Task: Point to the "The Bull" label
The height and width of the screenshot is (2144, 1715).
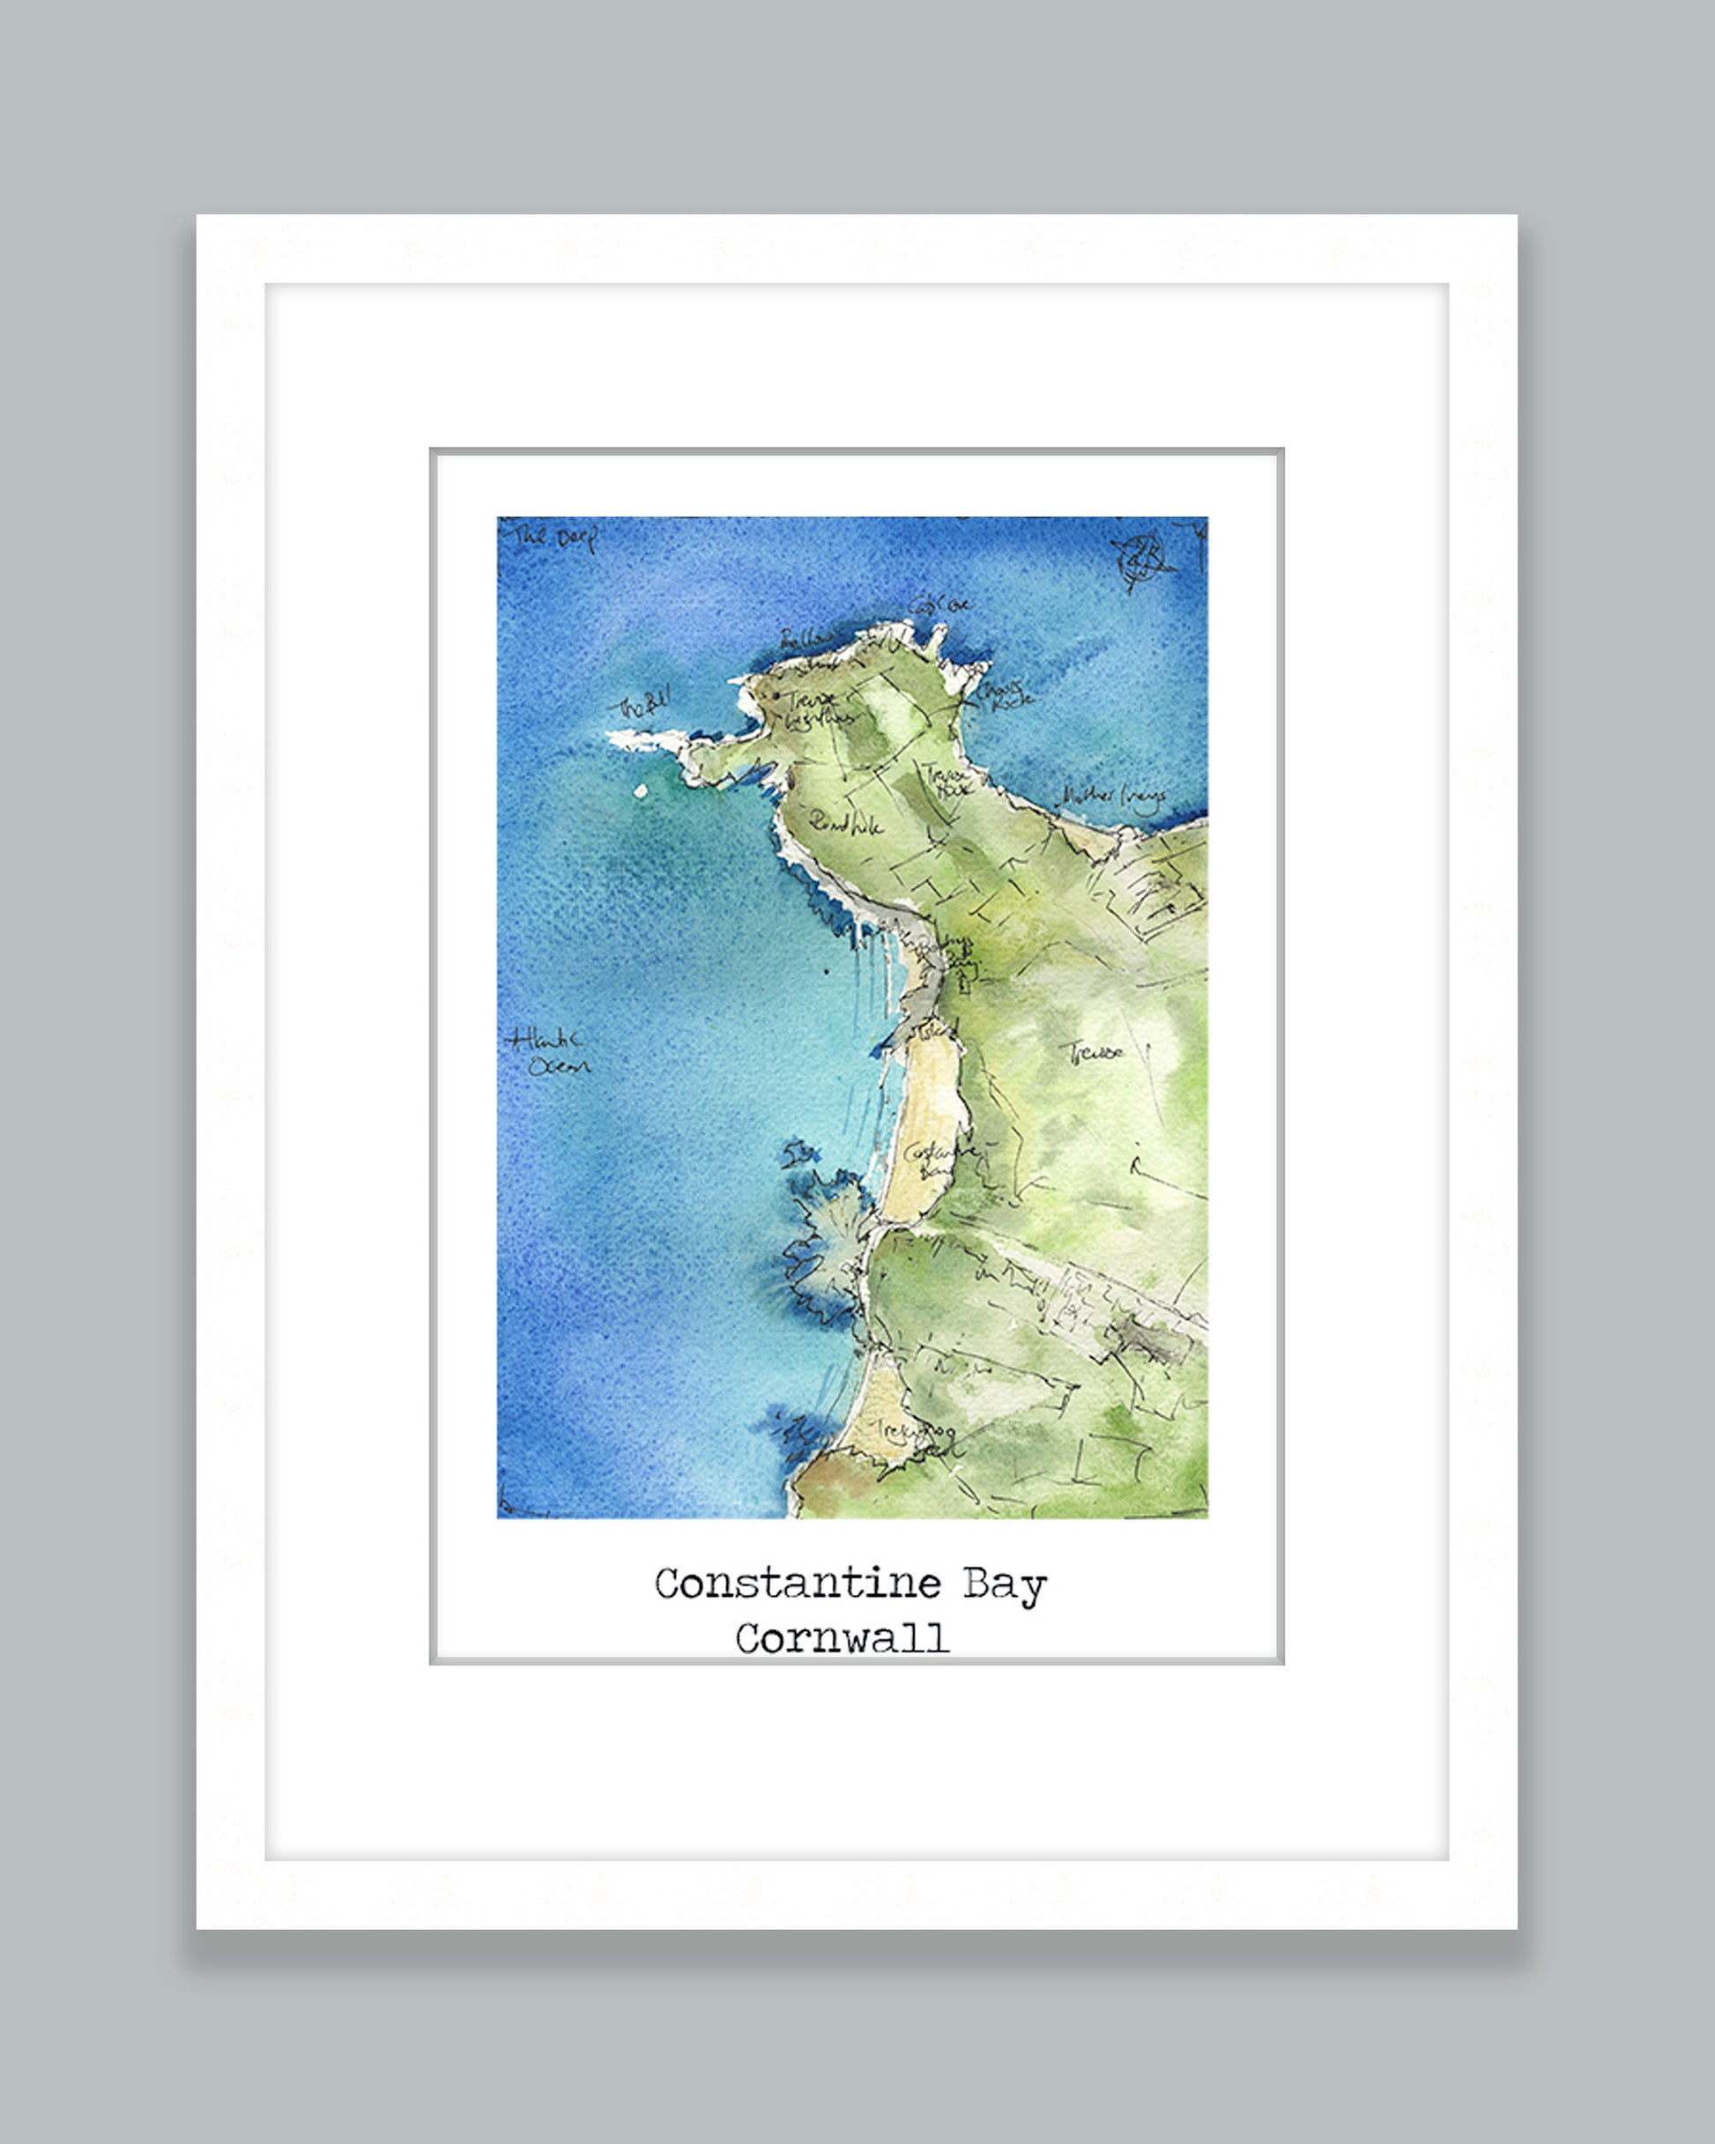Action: pyautogui.click(x=644, y=705)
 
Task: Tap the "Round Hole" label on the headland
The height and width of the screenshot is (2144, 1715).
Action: pyautogui.click(x=844, y=822)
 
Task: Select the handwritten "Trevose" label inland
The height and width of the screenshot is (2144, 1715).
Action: pyautogui.click(x=1095, y=1051)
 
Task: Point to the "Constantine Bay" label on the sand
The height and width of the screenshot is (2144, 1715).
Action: pyautogui.click(x=935, y=1161)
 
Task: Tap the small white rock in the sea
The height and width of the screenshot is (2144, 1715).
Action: pyautogui.click(x=641, y=791)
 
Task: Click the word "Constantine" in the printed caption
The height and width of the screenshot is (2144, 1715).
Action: pyautogui.click(x=797, y=1584)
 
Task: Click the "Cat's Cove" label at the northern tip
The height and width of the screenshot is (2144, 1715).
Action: pyautogui.click(x=939, y=604)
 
